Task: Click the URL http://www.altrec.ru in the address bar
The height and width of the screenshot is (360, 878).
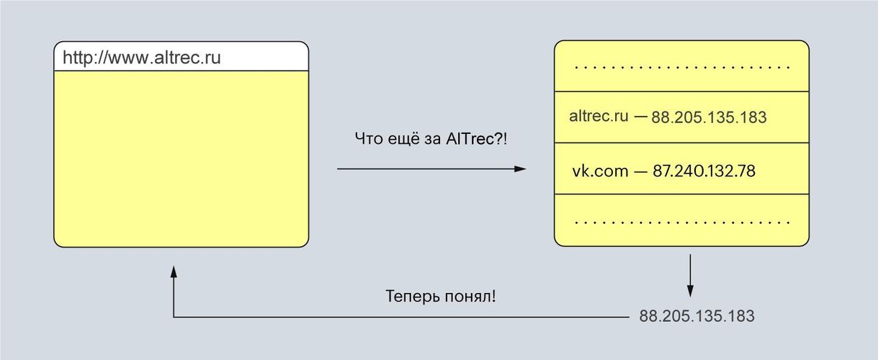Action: pos(141,58)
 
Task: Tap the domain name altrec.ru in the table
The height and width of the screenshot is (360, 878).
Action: pos(599,116)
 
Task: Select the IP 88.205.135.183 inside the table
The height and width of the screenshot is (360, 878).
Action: pos(709,117)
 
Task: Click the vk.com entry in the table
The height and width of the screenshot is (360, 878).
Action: pos(600,171)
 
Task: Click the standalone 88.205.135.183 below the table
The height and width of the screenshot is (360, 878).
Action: pos(696,316)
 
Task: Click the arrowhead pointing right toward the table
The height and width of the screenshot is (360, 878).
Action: pos(519,169)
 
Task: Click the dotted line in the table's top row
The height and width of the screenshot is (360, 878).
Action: pos(682,67)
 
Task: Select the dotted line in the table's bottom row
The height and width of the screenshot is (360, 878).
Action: pos(682,221)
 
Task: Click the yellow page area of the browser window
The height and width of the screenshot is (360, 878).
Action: pos(181,158)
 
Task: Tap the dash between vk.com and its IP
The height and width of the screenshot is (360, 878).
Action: pos(640,171)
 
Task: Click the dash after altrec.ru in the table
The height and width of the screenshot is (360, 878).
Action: pos(640,116)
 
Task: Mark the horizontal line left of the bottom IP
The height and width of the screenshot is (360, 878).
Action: pos(403,316)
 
